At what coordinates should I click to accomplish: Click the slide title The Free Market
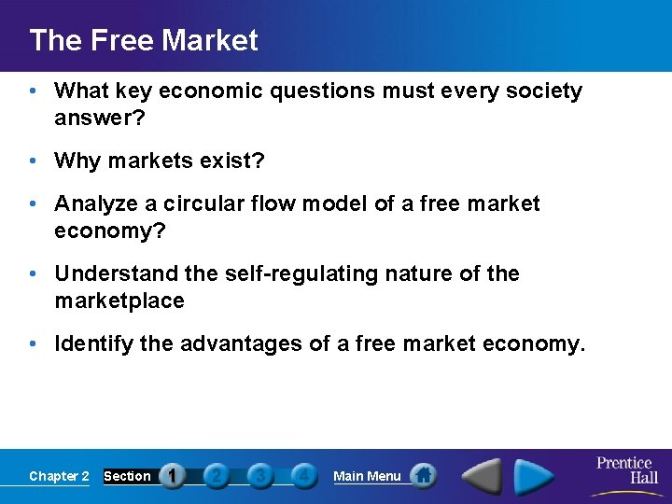(144, 40)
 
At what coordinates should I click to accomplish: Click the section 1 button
(173, 476)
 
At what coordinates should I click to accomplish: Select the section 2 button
(216, 476)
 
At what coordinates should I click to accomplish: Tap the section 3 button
(259, 476)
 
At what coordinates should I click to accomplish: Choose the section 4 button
(302, 476)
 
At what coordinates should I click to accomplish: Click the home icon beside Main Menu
(423, 476)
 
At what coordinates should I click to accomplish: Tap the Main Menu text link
(367, 476)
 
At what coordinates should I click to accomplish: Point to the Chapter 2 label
(59, 476)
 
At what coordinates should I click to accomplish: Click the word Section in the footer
(127, 476)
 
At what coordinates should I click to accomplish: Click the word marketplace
(119, 301)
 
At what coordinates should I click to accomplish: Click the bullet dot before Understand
(32, 273)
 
